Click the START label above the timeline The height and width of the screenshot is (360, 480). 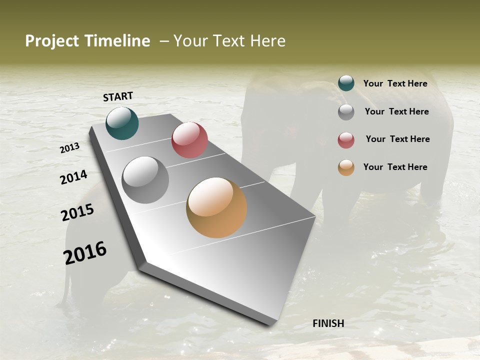(x=118, y=96)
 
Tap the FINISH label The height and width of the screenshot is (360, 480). (x=328, y=323)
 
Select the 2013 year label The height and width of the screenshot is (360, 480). (x=70, y=148)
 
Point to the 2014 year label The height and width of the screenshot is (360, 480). (x=73, y=177)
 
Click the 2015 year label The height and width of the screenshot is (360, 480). (x=77, y=212)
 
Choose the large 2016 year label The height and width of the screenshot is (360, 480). (x=85, y=252)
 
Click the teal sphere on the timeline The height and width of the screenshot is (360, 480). (x=122, y=123)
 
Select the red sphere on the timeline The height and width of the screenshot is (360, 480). (x=189, y=140)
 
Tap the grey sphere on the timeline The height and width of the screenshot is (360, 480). (x=145, y=180)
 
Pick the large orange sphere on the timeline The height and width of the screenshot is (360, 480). (x=216, y=207)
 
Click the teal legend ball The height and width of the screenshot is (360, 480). (x=346, y=83)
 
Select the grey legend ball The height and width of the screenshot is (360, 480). (x=346, y=112)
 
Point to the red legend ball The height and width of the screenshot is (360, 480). (x=346, y=140)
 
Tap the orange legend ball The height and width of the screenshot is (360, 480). (x=346, y=167)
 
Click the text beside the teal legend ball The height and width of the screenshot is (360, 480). (x=395, y=83)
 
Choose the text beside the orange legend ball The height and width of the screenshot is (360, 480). (x=395, y=167)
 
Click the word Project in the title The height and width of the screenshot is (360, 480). (x=52, y=41)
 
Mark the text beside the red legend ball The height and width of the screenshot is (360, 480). (x=397, y=139)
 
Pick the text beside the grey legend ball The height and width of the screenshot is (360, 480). (x=396, y=111)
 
